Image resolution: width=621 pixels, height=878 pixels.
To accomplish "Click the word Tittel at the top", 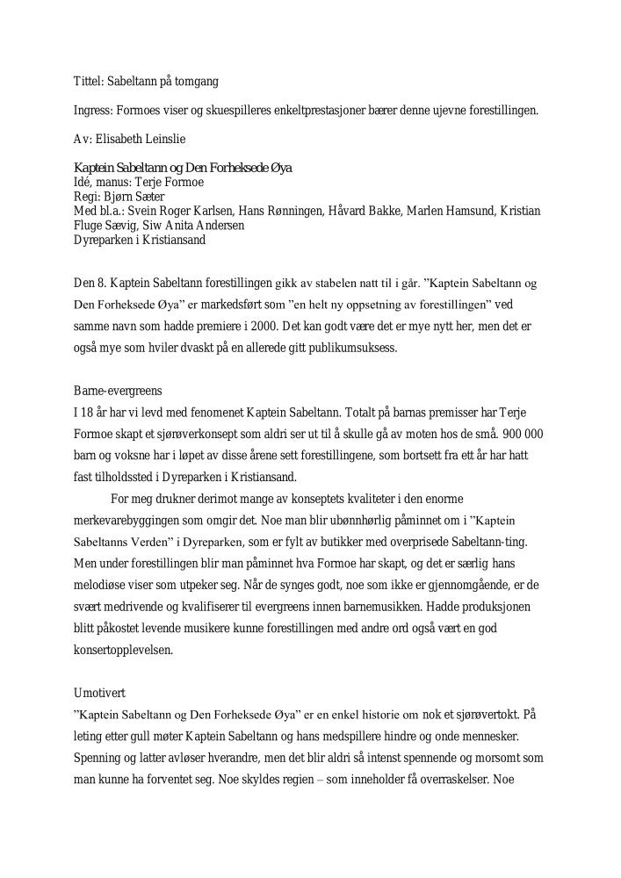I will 86,82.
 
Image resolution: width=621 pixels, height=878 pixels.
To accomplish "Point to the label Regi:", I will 86,197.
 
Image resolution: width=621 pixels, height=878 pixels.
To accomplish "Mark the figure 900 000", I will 523,434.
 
